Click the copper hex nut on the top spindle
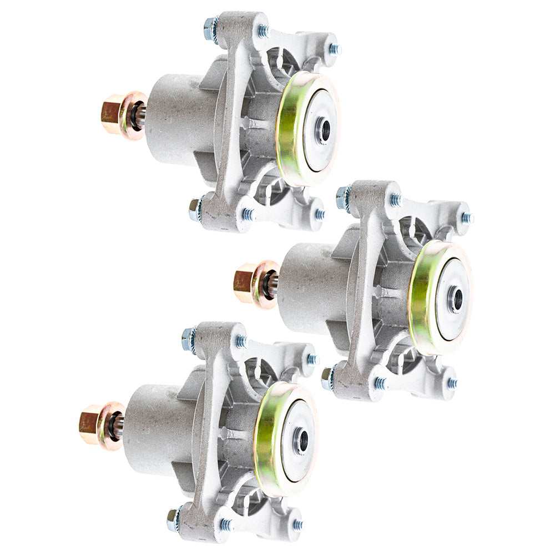(112, 113)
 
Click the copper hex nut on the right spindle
(244, 282)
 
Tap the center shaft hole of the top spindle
(324, 130)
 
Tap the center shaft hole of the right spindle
(456, 300)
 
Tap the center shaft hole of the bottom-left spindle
(302, 440)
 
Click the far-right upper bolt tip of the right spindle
(467, 218)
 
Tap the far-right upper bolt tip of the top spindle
(334, 49)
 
